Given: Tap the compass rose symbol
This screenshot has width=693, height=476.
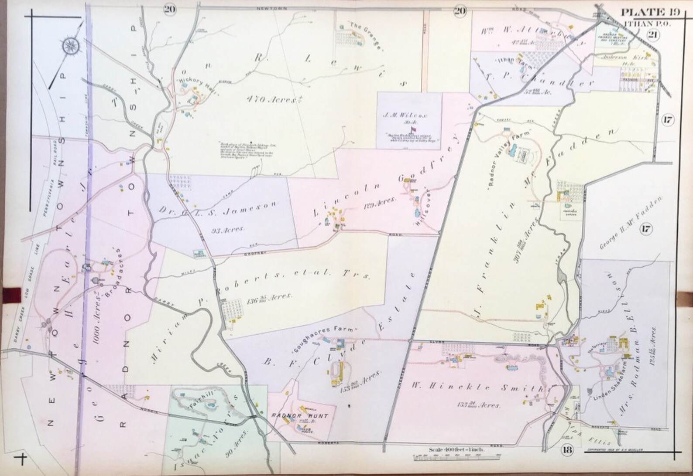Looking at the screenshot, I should tap(70, 46).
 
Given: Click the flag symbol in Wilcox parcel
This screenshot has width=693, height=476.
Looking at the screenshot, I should tap(411, 129).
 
